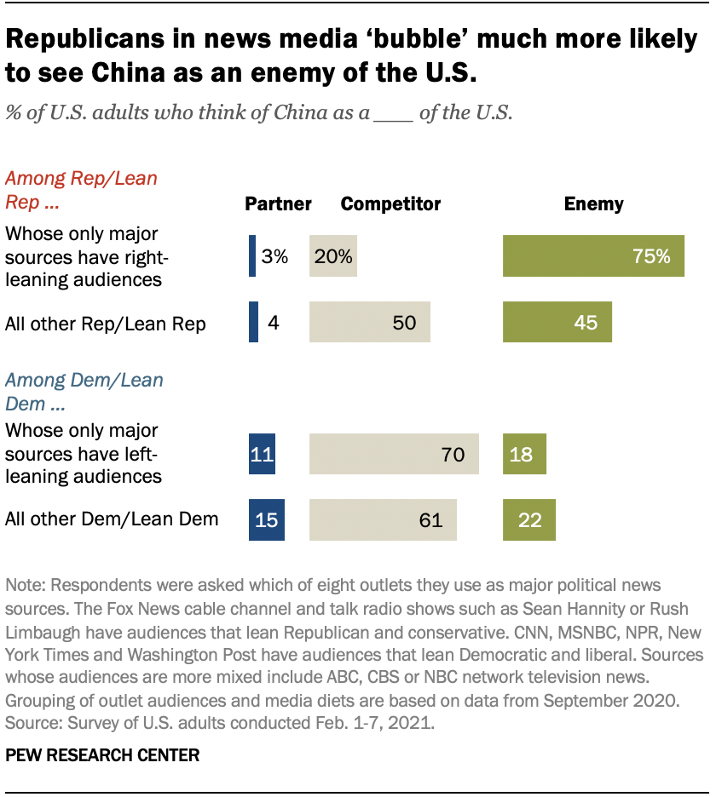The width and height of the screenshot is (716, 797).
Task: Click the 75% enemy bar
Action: [593, 256]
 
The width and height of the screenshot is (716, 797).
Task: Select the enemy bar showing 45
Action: [557, 322]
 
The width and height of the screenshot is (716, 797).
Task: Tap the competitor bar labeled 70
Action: [394, 454]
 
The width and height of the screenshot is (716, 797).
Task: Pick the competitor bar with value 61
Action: [383, 519]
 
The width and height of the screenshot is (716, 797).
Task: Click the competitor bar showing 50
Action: [370, 322]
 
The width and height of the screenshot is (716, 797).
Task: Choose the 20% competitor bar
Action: [332, 256]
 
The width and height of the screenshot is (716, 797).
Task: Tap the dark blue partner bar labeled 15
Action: [266, 519]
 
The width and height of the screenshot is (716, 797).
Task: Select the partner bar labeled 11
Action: [262, 454]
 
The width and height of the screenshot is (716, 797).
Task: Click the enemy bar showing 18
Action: [524, 454]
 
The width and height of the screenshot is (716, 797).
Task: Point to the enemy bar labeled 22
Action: [529, 519]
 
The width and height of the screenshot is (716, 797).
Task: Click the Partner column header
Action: [278, 204]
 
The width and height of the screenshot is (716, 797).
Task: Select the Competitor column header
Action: [390, 204]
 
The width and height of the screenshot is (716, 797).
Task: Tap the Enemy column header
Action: [593, 204]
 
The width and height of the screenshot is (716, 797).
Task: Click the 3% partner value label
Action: [274, 256]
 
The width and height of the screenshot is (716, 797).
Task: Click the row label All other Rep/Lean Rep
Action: [106, 324]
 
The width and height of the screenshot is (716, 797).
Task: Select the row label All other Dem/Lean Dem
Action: [112, 519]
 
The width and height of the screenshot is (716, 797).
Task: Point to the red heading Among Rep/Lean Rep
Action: [81, 191]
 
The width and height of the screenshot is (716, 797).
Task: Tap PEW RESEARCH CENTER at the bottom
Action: [102, 754]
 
